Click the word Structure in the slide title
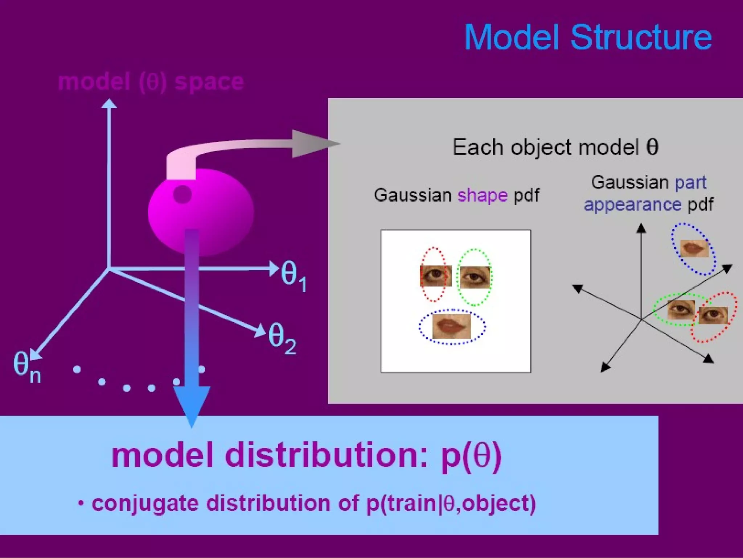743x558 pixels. click(641, 38)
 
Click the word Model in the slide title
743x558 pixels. click(512, 38)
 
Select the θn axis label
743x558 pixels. click(26, 367)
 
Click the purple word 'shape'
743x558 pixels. click(482, 195)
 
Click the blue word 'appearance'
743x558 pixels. click(632, 204)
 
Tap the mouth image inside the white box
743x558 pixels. click(452, 326)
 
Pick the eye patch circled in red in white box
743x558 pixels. click(435, 276)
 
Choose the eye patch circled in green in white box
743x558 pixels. click(475, 277)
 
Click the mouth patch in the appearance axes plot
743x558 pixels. click(694, 248)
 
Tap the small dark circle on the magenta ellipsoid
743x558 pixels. click(182, 194)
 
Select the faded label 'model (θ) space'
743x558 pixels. click(151, 82)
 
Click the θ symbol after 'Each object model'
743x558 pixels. click(652, 147)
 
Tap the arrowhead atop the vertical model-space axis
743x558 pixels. click(109, 104)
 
